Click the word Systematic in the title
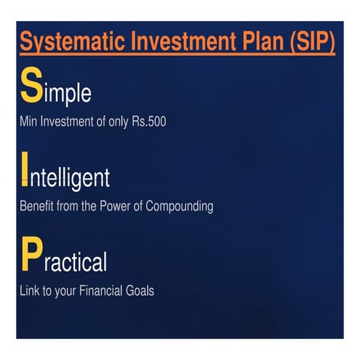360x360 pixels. coord(71,41)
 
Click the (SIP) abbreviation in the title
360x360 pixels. coord(308,42)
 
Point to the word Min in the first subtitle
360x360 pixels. coord(28,121)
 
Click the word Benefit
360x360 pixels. coord(36,207)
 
